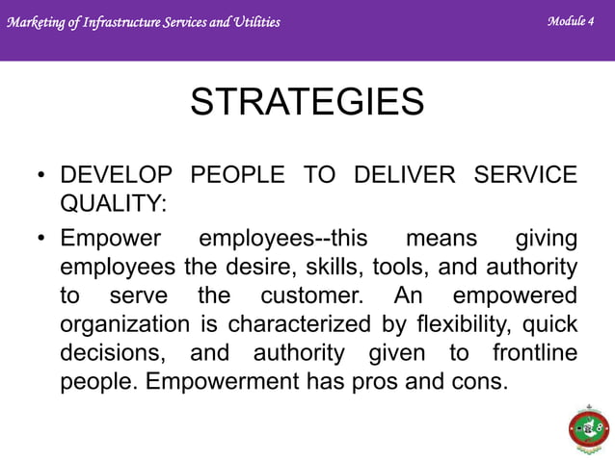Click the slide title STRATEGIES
tap(307, 102)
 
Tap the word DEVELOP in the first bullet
tap(117, 175)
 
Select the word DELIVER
tap(404, 175)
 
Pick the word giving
tap(546, 238)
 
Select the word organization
tap(125, 323)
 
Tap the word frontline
tap(534, 352)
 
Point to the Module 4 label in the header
tap(570, 20)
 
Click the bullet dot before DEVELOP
tap(41, 176)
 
